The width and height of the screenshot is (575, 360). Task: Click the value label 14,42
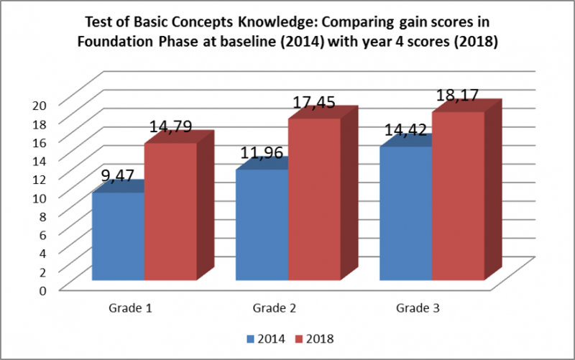point(406,130)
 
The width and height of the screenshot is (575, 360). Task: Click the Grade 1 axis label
point(130,308)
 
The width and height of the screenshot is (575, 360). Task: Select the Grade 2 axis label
point(274,308)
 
